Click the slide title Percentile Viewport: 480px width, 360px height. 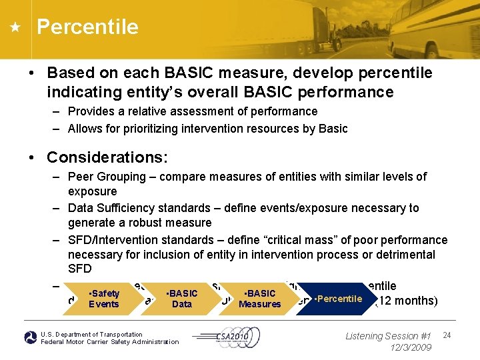pos(87,27)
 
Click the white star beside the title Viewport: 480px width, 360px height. pos(15,28)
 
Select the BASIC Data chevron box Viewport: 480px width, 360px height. pos(181,299)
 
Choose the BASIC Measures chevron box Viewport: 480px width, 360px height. pos(259,299)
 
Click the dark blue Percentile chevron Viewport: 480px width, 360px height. pos(338,299)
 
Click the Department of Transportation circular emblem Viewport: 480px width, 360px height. pos(31,338)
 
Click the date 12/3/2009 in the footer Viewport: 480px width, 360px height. pos(411,347)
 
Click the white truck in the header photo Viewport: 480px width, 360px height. pos(333,27)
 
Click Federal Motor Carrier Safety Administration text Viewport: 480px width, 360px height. pos(110,342)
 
